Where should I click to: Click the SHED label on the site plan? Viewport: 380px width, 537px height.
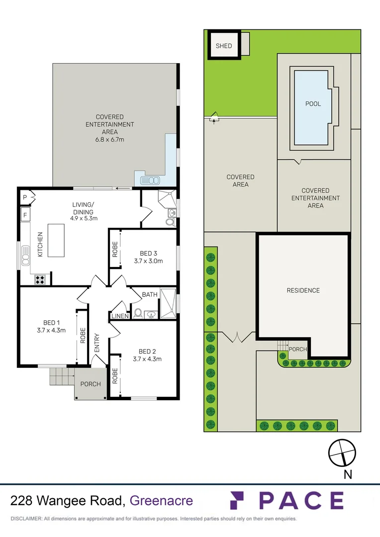[x=224, y=46]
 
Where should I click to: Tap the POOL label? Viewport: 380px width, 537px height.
[x=313, y=104]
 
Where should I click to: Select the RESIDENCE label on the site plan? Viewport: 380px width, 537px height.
[x=303, y=290]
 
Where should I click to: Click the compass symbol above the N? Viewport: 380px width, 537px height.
[x=342, y=453]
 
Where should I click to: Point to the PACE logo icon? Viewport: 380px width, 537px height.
[x=240, y=500]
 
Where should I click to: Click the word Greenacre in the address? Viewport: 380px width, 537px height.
[x=161, y=500]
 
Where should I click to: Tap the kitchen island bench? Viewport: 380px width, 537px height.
[x=56, y=240]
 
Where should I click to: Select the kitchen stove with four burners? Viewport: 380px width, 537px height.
[x=40, y=279]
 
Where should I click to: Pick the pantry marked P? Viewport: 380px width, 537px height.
[x=24, y=198]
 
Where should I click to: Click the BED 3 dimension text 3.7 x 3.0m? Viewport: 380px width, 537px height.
[x=148, y=261]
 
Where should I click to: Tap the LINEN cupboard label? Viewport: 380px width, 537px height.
[x=120, y=316]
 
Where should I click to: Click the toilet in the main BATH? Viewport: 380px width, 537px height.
[x=138, y=313]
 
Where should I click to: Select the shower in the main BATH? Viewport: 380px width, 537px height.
[x=168, y=302]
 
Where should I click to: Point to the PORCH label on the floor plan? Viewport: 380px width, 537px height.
[x=91, y=384]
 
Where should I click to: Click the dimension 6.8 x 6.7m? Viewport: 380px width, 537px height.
[x=110, y=140]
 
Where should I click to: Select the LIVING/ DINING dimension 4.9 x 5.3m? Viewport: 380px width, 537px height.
[x=84, y=218]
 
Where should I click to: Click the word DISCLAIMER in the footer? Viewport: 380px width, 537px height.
[x=26, y=519]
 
